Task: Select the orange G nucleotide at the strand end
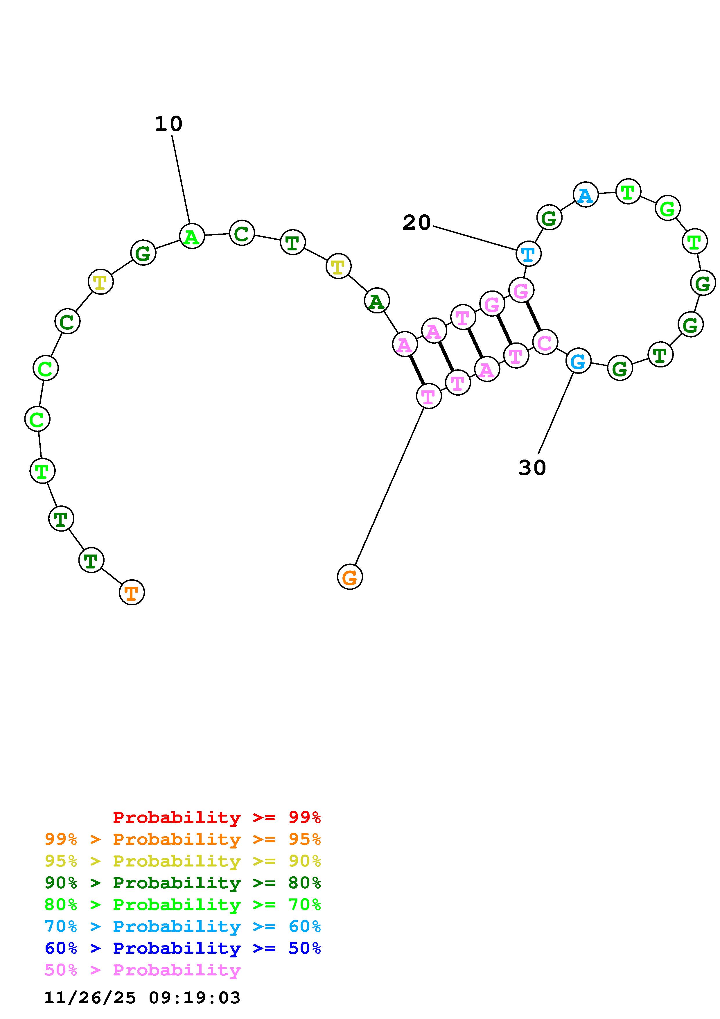(x=350, y=577)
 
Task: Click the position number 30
(x=532, y=468)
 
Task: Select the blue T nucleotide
(x=528, y=254)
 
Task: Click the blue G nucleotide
(x=578, y=361)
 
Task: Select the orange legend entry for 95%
(x=183, y=839)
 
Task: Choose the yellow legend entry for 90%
(x=183, y=861)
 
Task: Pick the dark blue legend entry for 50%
(x=183, y=948)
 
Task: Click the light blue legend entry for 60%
(x=183, y=926)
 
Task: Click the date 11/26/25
(x=90, y=998)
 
